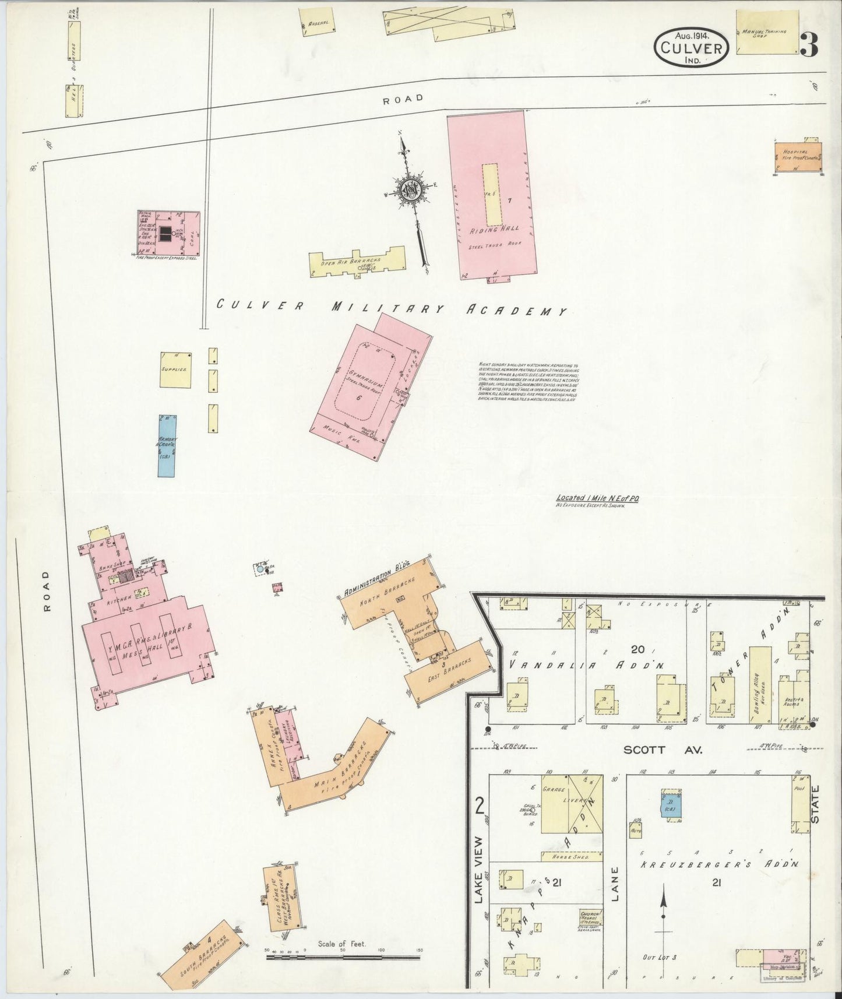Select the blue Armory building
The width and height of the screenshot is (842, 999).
click(167, 445)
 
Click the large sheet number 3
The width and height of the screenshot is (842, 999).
click(809, 44)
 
